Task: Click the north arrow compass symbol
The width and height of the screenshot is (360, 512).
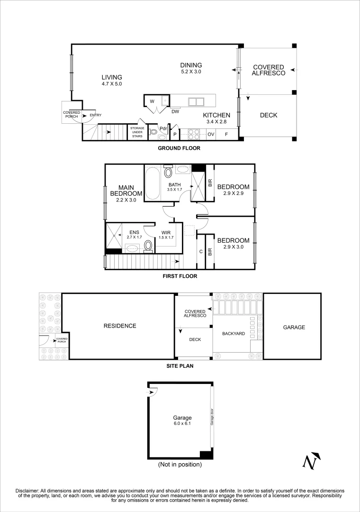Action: click(x=311, y=461)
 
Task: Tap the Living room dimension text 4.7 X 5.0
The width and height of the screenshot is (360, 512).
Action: click(x=112, y=84)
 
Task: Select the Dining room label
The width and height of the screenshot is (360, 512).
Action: click(x=191, y=65)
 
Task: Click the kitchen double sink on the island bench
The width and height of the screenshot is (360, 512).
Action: click(x=196, y=101)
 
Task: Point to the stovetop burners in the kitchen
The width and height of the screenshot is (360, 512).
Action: click(x=194, y=134)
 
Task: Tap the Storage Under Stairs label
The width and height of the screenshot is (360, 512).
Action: click(x=137, y=132)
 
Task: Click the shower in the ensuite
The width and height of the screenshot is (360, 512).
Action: click(x=114, y=235)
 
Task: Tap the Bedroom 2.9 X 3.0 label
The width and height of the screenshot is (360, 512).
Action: click(x=233, y=244)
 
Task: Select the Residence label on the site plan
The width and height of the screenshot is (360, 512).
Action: click(x=120, y=326)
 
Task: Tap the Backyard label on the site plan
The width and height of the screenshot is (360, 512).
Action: click(x=234, y=334)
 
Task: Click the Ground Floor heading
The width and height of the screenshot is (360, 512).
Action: click(x=179, y=148)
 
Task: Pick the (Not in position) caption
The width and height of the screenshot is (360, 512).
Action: click(x=180, y=465)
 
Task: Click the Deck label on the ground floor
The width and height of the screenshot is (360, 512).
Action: click(x=269, y=115)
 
